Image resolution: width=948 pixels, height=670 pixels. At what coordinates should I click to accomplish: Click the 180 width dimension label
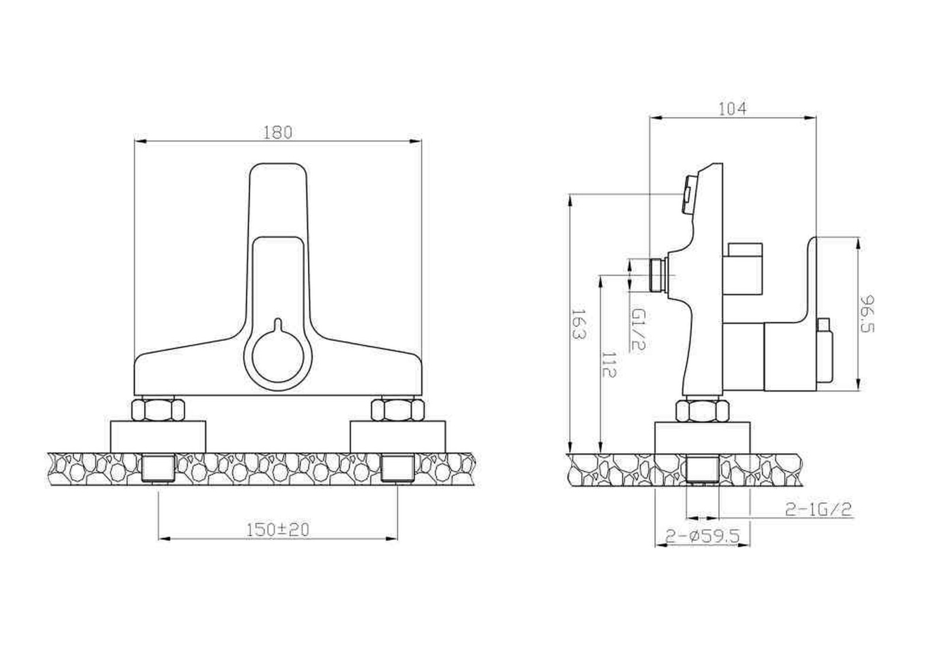tap(278, 133)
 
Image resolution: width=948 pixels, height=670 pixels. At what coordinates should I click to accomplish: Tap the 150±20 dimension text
tap(278, 530)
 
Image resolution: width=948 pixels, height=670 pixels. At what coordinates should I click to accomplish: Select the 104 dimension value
tap(733, 109)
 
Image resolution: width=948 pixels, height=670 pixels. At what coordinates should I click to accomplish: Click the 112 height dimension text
tap(609, 364)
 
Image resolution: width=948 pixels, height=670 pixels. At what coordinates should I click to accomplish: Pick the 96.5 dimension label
tap(867, 313)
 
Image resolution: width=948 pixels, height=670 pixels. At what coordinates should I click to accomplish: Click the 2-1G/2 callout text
tap(818, 509)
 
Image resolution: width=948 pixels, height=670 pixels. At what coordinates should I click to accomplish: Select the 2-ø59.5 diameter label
tap(703, 537)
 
